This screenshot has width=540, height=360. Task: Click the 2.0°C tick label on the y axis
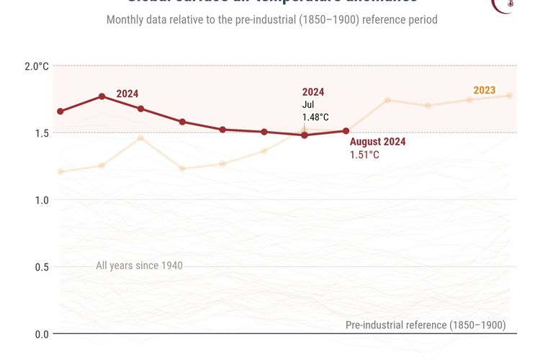pos(36,66)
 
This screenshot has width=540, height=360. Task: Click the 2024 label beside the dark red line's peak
pos(127,94)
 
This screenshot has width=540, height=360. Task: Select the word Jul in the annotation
pos(308,104)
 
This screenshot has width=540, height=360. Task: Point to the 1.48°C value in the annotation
pos(315,117)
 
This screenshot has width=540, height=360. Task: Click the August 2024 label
pos(377,142)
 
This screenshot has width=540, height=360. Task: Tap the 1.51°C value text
pos(364,155)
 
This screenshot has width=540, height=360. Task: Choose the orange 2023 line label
pos(484,90)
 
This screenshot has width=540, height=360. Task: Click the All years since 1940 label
pos(139,266)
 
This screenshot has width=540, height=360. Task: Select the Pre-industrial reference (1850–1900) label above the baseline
pos(426,325)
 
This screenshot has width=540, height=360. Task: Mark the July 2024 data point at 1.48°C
pos(305,135)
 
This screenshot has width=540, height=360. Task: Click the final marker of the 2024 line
pos(346,131)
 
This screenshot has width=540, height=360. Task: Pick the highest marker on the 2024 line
pos(102,96)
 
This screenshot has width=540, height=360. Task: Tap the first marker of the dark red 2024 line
pos(60,112)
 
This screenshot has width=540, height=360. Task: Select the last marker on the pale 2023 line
pos(509,96)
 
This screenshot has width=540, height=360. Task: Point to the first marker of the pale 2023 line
pos(60,171)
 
